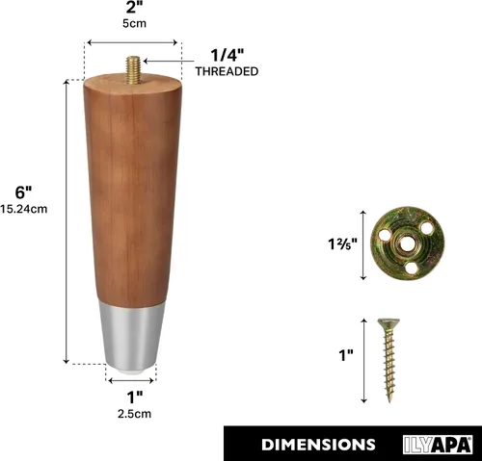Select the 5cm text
click(134, 23)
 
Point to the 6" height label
click(23, 192)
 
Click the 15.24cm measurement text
click(24, 209)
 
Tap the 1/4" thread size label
click(228, 55)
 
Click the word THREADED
click(227, 71)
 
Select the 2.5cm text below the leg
click(134, 414)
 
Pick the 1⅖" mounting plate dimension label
click(342, 244)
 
